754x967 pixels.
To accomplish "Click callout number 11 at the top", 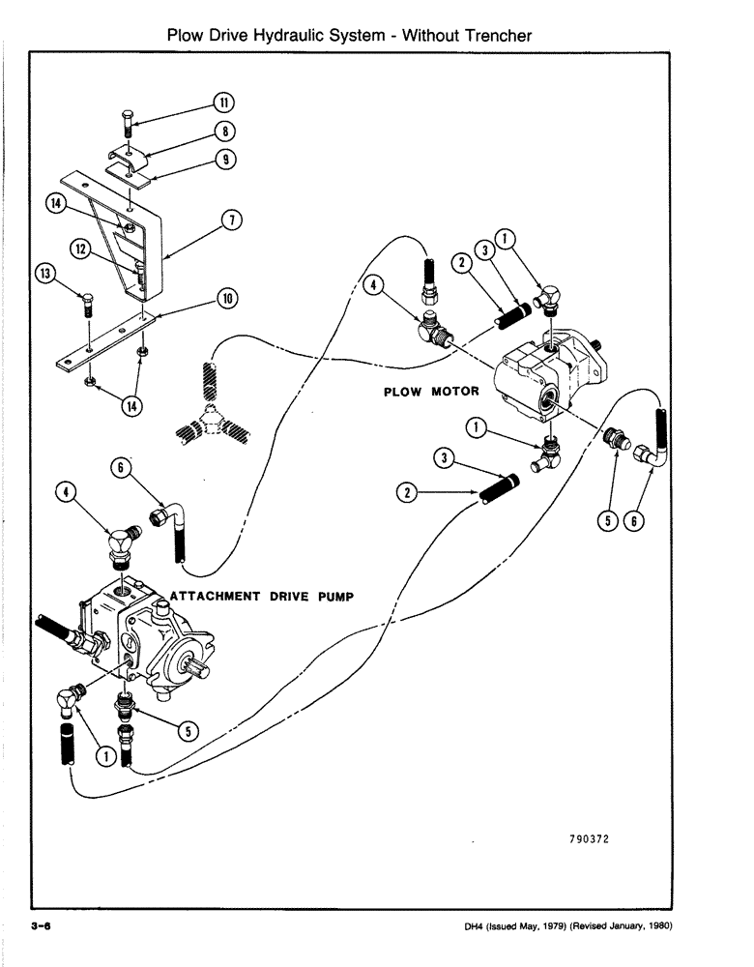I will pyautogui.click(x=223, y=103).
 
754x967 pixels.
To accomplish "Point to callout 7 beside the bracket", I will pyautogui.click(x=230, y=220).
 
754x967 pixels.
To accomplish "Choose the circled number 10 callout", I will pyautogui.click(x=228, y=299).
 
